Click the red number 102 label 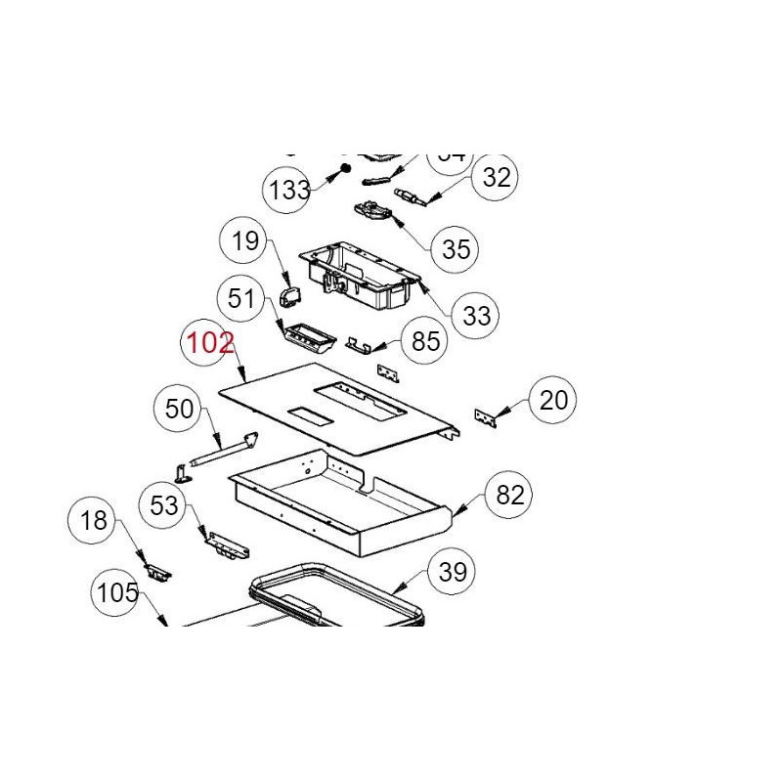[x=210, y=343]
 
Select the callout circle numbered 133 [x=290, y=190]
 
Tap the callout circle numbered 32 [x=497, y=177]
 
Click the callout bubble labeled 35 [x=456, y=248]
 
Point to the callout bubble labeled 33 [x=476, y=316]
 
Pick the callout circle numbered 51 [x=240, y=296]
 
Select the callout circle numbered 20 [x=553, y=399]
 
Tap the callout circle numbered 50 [x=180, y=410]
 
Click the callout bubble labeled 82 [x=510, y=495]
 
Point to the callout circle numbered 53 [x=164, y=504]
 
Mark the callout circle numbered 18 [x=94, y=520]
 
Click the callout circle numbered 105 [x=117, y=592]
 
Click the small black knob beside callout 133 [x=345, y=170]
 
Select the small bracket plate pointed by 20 [x=485, y=416]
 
